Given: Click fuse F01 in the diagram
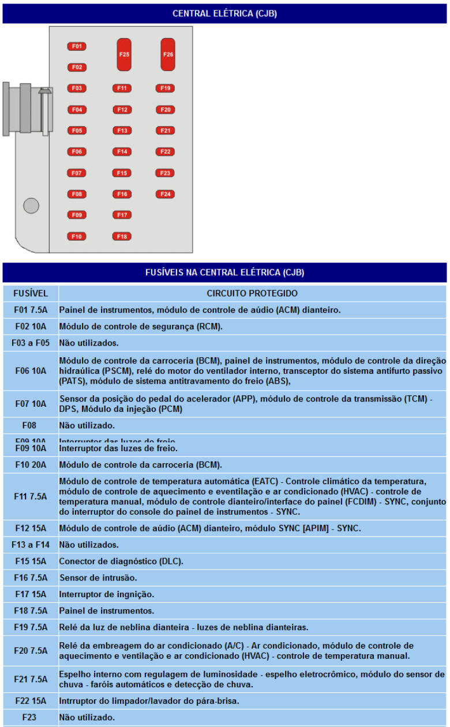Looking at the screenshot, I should pos(77,46).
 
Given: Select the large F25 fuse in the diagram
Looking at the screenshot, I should pos(124,54).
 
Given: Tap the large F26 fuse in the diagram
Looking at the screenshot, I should pos(168,54).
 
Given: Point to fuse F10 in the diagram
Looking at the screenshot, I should pos(77,236).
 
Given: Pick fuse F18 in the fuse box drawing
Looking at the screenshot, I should pos(122,236).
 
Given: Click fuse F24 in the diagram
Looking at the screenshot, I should pos(166,194).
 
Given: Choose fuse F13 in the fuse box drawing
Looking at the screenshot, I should pos(122,130).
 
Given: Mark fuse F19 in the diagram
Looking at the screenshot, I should pos(166,88).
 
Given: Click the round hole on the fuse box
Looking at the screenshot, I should pos(31,205).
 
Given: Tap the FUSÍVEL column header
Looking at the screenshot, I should pos(31,293).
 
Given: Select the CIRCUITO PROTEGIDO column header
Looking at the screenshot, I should pos(252,293).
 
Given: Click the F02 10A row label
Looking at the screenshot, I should pos(31,327).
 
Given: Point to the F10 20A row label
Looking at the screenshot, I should pos(31,464).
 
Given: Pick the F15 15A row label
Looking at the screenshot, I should pos(31,561).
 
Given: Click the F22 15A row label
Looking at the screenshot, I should pos(31,701).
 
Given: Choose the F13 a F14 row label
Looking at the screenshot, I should pos(31,545).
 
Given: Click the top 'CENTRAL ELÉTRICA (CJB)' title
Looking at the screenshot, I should pos(224,13).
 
